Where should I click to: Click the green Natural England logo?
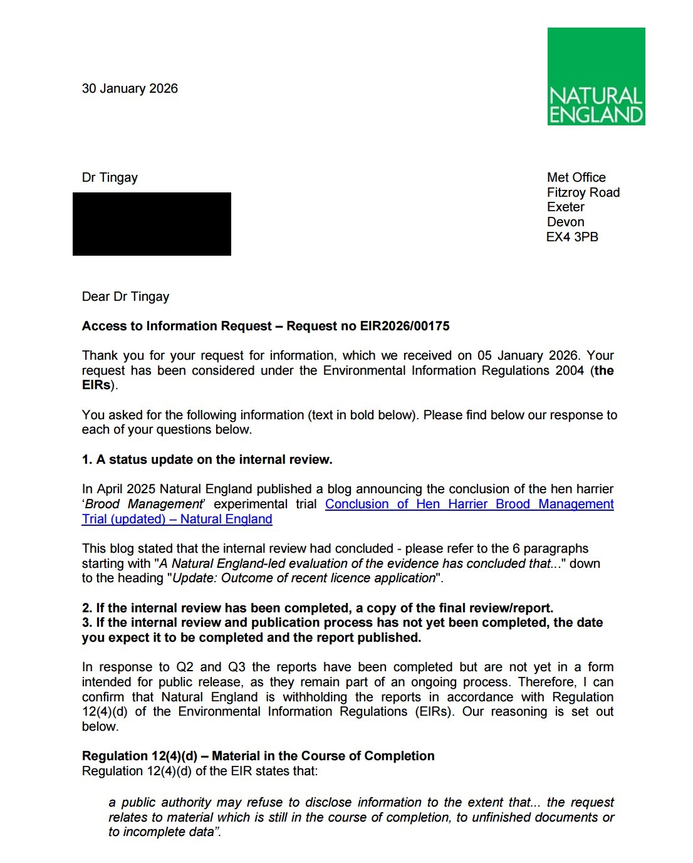596,76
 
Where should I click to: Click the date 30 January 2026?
130,88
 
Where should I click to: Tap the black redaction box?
152,224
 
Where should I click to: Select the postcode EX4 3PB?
572,237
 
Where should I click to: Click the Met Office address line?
576,177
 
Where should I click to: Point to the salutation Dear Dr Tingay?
125,296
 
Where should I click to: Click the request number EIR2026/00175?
405,326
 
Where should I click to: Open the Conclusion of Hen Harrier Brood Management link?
469,504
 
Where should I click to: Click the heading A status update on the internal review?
207,459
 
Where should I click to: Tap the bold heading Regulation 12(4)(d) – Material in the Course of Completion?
258,756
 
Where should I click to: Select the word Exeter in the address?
565,207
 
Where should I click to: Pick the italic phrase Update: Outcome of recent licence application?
304,578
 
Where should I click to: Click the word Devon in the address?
565,222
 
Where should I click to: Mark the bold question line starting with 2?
318,608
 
